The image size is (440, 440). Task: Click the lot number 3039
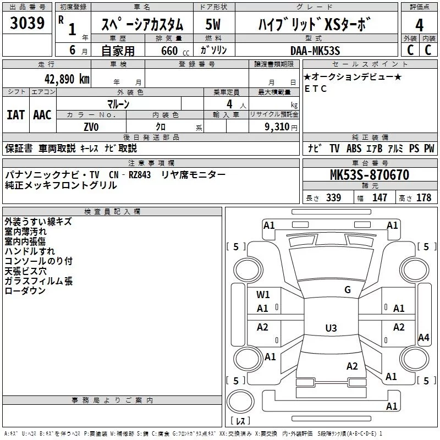(x=27, y=23)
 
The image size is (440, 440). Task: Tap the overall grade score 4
(x=419, y=25)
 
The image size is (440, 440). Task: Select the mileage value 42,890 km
(x=67, y=79)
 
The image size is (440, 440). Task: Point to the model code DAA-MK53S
(x=315, y=51)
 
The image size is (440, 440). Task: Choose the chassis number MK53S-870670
(x=370, y=174)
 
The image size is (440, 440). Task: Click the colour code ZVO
(x=91, y=127)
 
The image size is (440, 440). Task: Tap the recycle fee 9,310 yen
(x=281, y=127)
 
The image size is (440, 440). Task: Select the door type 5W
(x=213, y=24)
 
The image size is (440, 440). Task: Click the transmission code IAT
(x=16, y=115)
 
